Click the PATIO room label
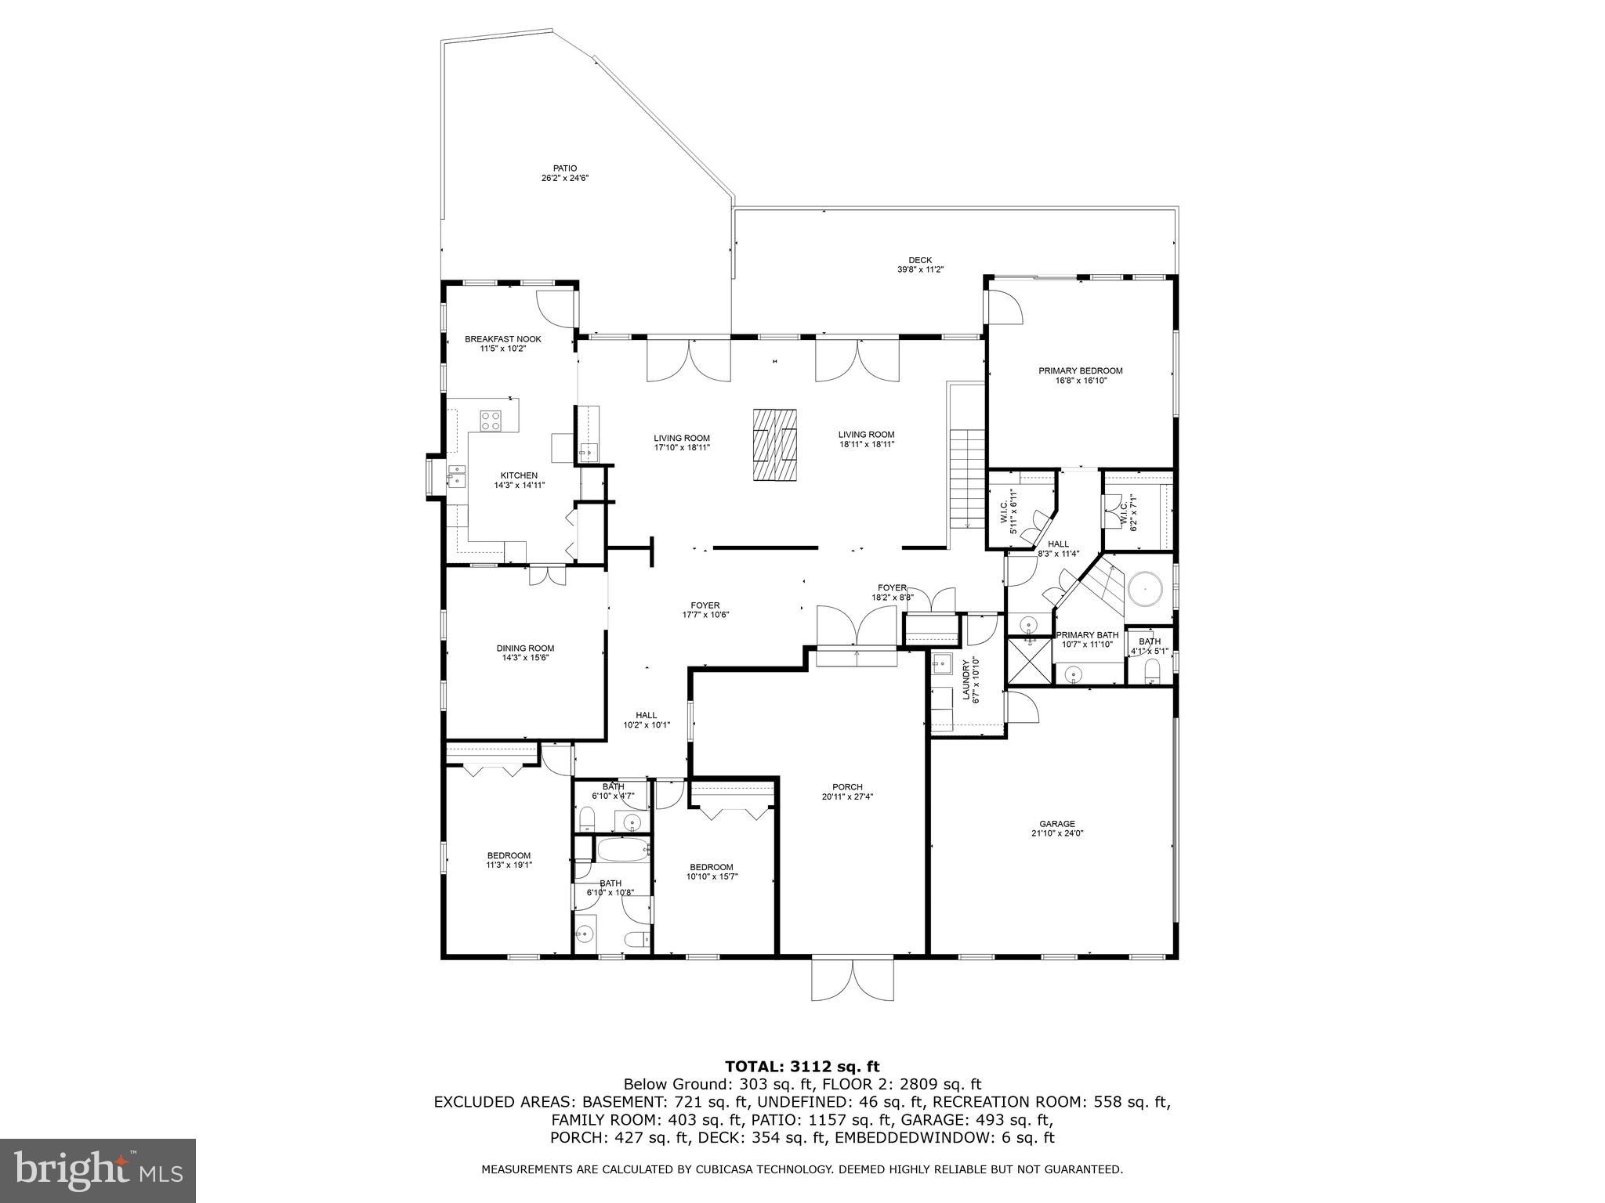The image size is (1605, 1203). click(x=564, y=168)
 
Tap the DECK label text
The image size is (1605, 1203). click(x=920, y=260)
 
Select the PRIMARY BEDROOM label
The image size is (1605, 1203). click(x=1080, y=370)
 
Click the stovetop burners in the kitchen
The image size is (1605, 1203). click(x=491, y=421)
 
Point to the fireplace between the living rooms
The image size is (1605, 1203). click(x=775, y=444)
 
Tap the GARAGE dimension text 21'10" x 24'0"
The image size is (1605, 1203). click(x=1056, y=833)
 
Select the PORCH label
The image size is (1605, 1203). click(x=847, y=787)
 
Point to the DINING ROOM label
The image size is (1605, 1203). click(x=525, y=648)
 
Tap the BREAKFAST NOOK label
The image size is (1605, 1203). click(x=502, y=339)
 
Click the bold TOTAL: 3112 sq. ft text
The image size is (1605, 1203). click(x=802, y=1066)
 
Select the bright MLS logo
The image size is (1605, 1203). click(x=98, y=1170)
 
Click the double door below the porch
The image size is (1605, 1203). click(x=852, y=979)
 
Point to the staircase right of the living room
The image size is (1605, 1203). click(x=967, y=479)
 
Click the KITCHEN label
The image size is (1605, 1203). click(x=519, y=475)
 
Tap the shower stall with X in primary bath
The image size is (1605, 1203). click(x=1029, y=662)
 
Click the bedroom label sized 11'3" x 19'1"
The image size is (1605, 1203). click(x=509, y=855)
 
